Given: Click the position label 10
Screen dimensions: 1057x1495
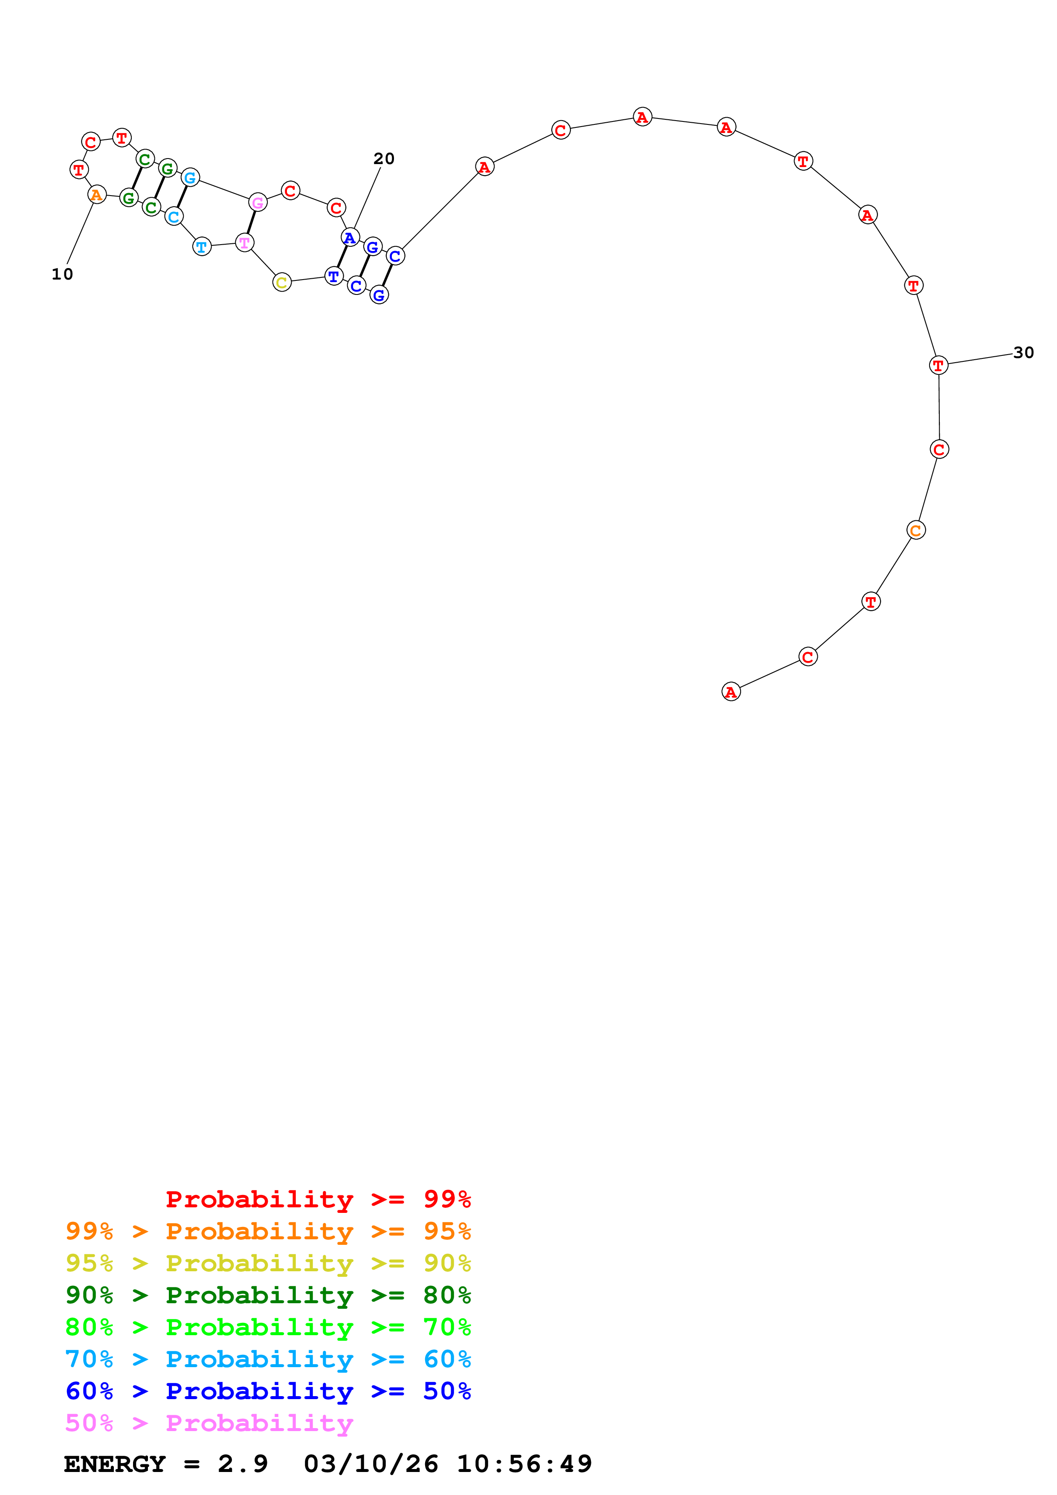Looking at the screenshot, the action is click(63, 274).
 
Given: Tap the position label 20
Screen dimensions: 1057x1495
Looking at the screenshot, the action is click(384, 159).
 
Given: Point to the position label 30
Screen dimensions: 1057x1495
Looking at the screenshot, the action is click(1023, 353).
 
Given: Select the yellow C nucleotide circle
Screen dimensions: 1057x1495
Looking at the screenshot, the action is click(282, 283).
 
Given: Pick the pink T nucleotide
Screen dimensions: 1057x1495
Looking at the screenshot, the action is click(244, 243).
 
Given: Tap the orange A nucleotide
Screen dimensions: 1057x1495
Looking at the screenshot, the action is click(96, 195).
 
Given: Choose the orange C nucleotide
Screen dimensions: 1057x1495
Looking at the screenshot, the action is click(916, 531).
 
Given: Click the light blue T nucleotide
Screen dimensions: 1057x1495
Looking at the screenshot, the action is click(202, 247).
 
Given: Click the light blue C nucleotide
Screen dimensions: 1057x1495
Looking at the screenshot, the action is click(173, 217).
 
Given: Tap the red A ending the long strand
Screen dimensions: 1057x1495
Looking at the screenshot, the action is click(731, 692).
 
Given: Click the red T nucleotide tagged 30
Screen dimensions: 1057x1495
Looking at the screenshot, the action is click(938, 365).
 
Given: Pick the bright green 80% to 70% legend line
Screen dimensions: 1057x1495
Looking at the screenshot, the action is click(268, 1327).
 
